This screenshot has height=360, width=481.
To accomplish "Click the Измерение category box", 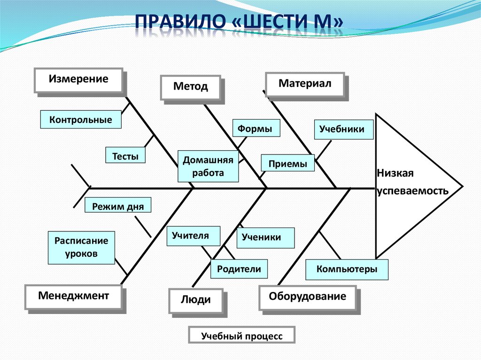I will (78, 80).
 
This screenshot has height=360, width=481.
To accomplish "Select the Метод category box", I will (190, 87).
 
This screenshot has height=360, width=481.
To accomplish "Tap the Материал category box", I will (305, 84).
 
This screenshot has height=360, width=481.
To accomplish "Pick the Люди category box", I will (196, 300).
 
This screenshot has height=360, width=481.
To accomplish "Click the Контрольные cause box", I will (81, 120).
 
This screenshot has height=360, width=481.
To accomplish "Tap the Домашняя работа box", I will (208, 166).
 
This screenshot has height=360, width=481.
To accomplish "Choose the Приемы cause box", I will (288, 164).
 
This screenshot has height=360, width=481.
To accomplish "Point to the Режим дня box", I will (118, 206).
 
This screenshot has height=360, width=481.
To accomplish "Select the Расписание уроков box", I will (81, 247).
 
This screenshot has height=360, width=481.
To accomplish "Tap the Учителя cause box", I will (194, 236).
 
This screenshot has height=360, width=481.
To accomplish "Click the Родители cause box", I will (239, 269).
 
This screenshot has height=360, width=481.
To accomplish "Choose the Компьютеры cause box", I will (347, 269).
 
